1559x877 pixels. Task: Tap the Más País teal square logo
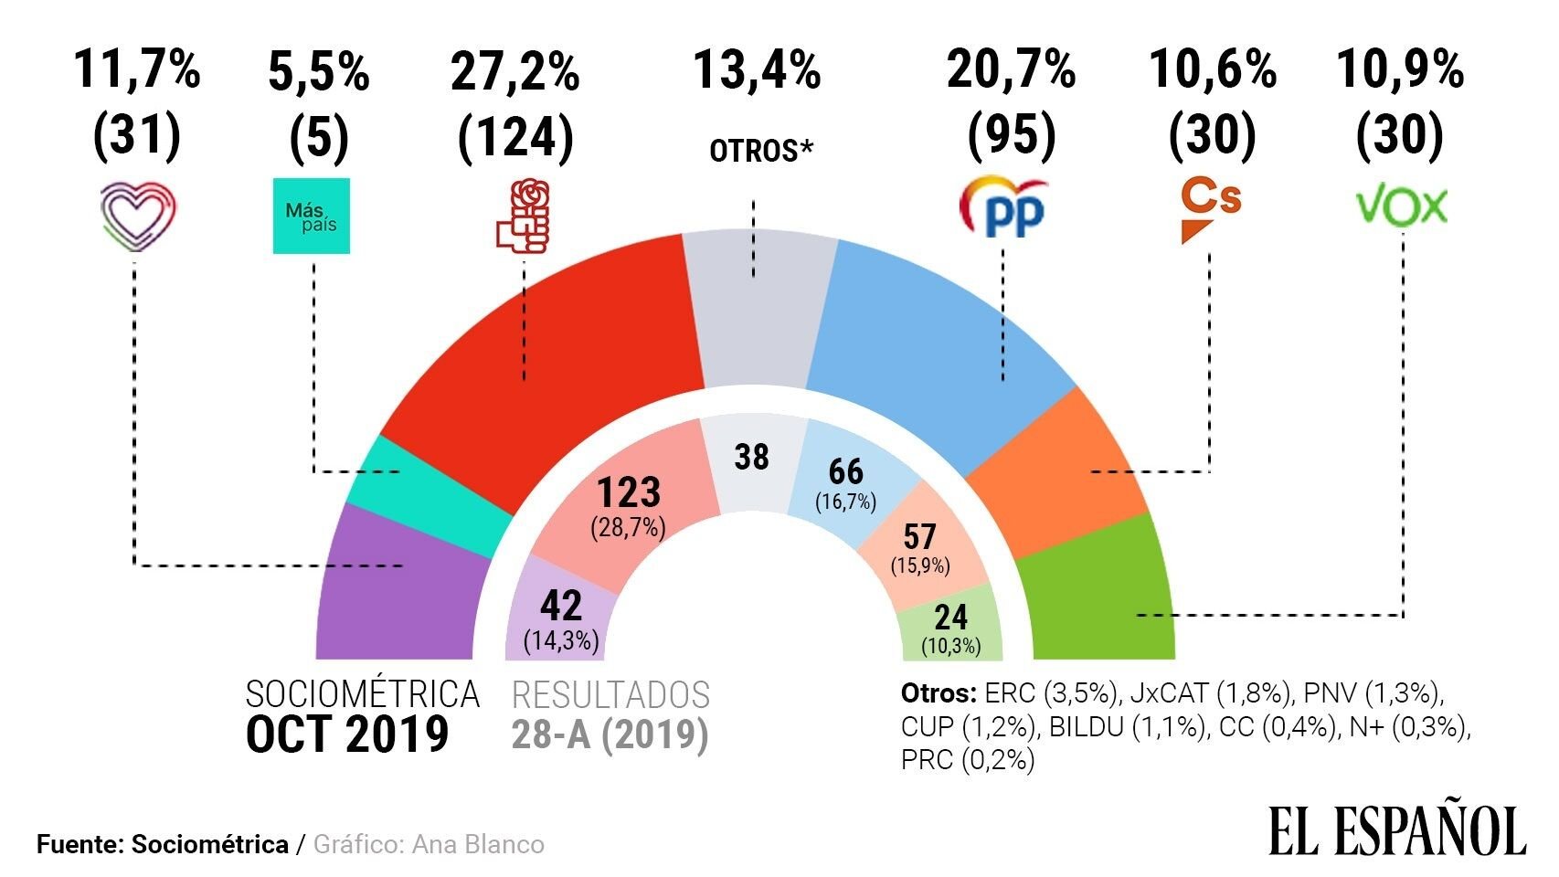pos(312,217)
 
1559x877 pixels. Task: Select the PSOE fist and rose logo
pos(522,216)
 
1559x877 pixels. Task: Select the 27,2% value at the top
pos(515,71)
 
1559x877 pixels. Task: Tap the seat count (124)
pos(516,137)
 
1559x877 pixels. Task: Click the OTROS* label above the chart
pos(760,151)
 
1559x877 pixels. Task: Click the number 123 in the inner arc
pos(629,493)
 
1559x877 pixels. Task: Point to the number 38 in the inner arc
pos(752,457)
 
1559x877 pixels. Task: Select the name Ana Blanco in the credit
pos(478,844)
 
